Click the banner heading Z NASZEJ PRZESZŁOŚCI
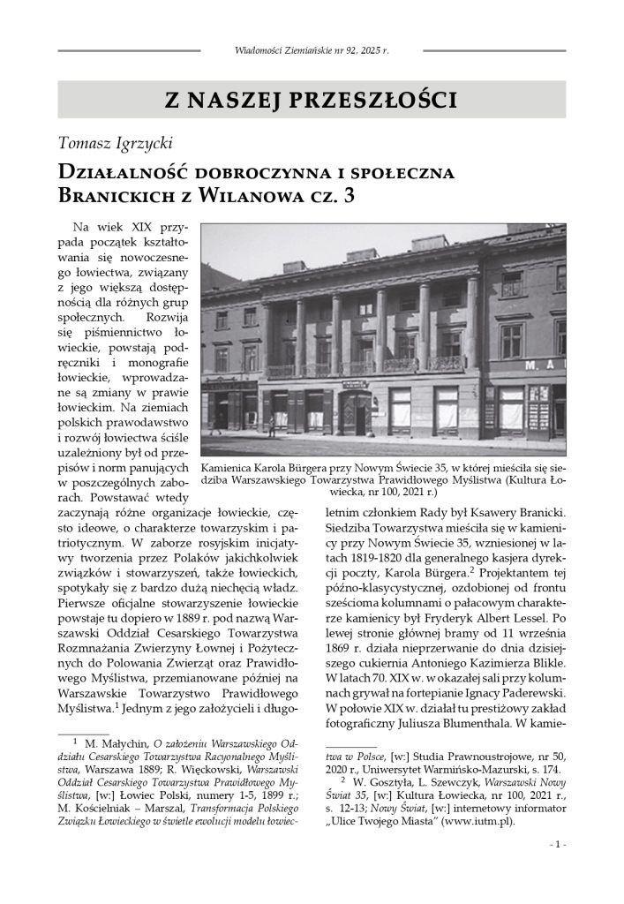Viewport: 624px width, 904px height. (x=312, y=99)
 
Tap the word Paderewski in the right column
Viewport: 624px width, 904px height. (x=531, y=683)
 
